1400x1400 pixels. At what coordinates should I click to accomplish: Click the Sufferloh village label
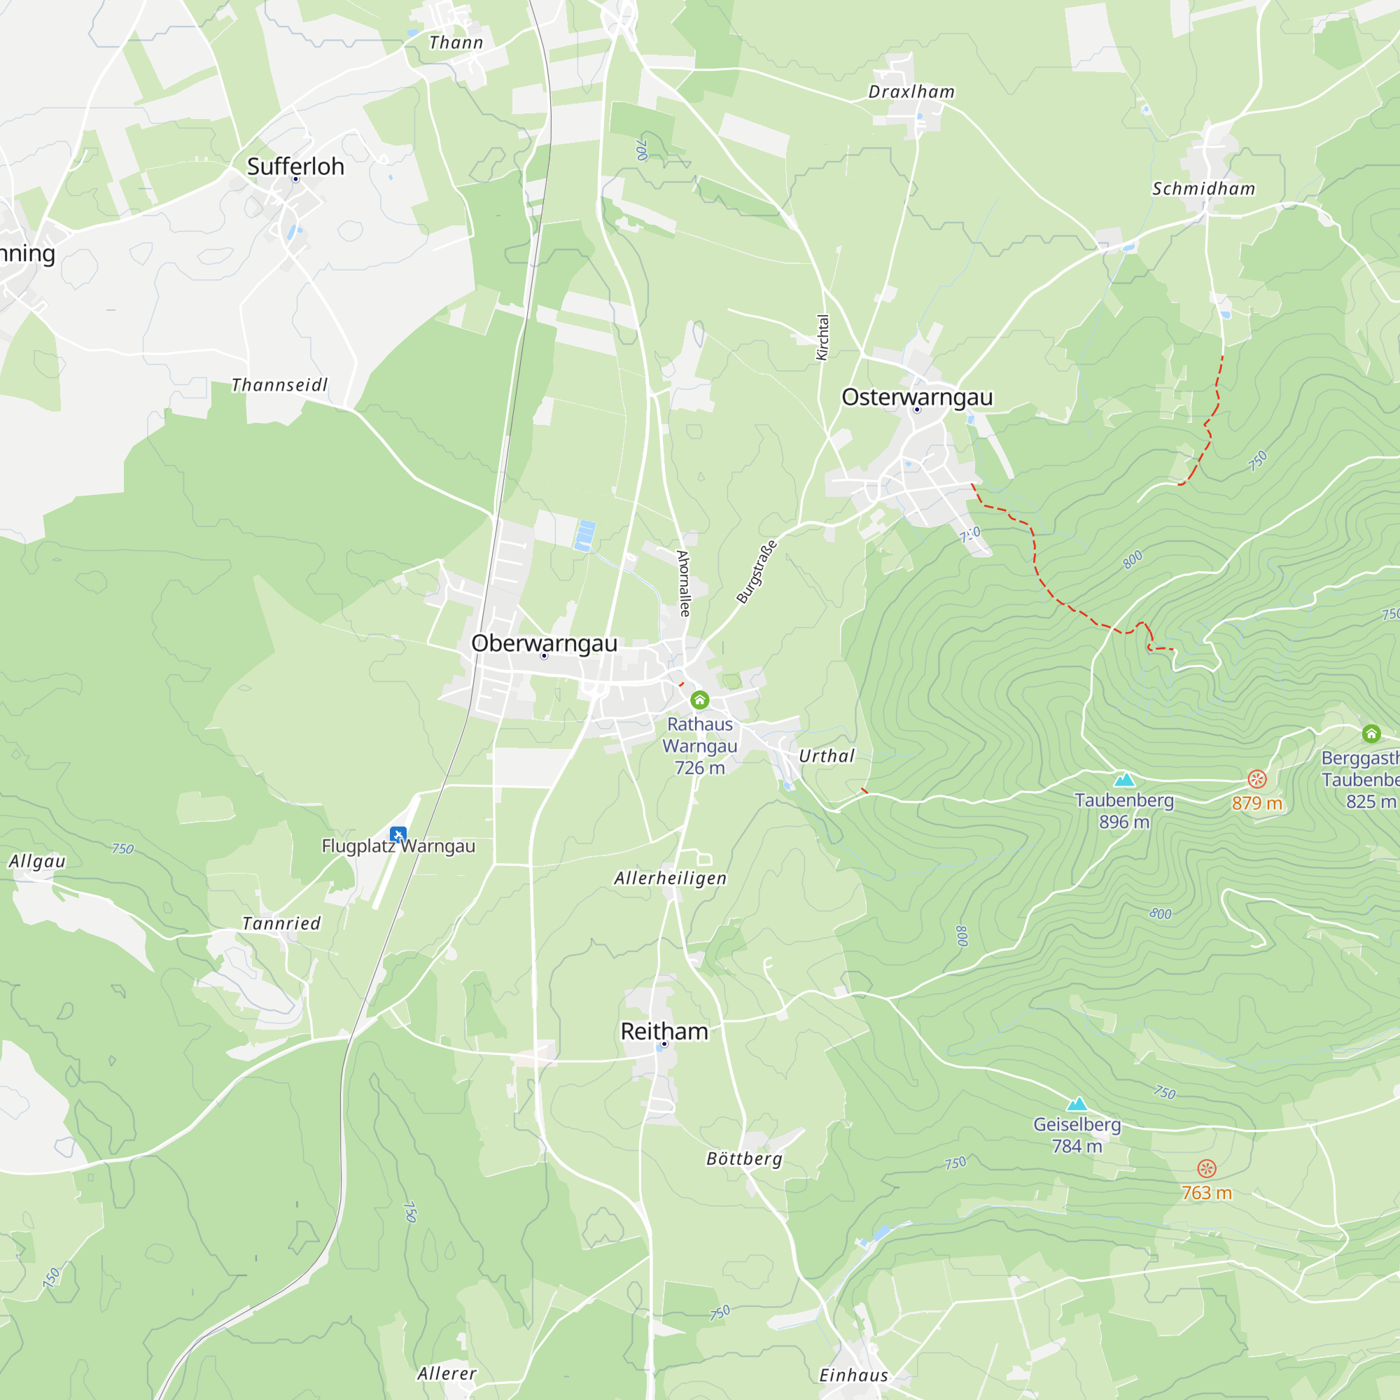[295, 167]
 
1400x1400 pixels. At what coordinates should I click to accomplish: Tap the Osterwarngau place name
[917, 397]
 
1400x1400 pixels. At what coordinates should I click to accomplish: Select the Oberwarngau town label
[544, 643]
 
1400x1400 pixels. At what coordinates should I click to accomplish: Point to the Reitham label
[664, 1031]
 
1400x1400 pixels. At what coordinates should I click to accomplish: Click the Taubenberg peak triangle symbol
[1124, 780]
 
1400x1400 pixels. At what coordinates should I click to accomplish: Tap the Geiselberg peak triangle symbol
[1077, 1105]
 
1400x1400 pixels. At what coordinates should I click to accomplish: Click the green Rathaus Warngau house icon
[699, 699]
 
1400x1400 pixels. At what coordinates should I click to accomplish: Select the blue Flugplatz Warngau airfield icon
[398, 835]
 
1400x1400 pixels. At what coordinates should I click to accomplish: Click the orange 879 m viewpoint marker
[1257, 779]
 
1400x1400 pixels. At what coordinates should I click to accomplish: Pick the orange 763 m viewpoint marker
[1207, 1168]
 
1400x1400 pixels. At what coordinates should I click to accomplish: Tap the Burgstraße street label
[757, 572]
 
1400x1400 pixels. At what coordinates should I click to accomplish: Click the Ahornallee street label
[683, 583]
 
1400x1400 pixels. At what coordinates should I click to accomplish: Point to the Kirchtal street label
[822, 337]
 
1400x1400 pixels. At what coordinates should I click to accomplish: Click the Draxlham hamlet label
[911, 92]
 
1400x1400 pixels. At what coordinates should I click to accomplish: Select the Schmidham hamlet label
[1203, 189]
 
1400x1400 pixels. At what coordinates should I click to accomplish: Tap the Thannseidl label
[280, 385]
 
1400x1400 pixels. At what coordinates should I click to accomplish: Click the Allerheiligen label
[671, 878]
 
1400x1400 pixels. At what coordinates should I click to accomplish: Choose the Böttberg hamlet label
[744, 1158]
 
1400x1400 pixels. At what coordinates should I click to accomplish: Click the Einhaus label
[853, 1375]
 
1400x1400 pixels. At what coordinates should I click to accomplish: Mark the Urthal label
[827, 756]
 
